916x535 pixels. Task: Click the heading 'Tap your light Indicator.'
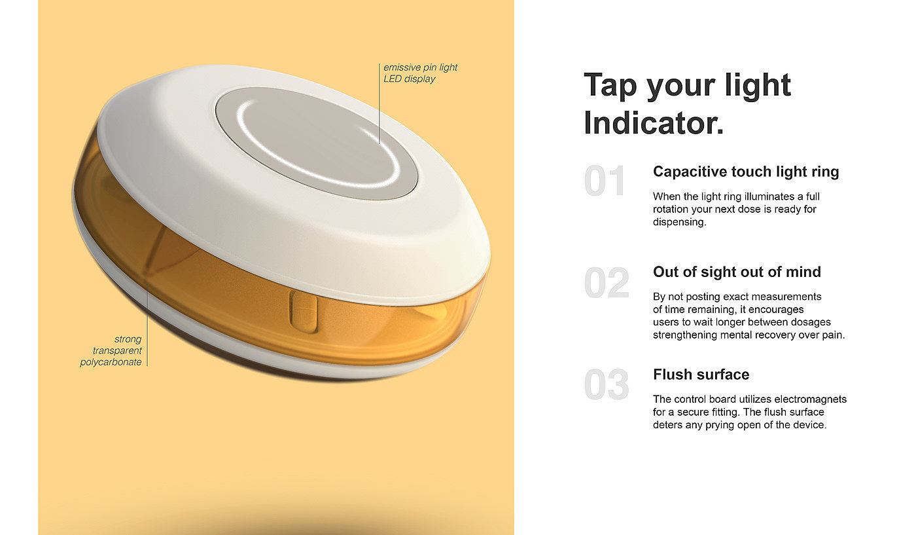coord(687,104)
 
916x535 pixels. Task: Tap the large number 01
coord(605,181)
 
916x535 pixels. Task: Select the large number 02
coord(607,283)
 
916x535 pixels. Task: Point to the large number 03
coord(607,385)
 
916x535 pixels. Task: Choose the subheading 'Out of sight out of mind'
coord(737,272)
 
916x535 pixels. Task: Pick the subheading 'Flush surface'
coord(701,375)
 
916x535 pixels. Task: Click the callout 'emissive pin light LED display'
coord(420,73)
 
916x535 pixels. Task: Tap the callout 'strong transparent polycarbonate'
coord(111,350)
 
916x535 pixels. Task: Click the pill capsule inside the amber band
coord(304,312)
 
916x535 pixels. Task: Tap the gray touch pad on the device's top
coord(317,143)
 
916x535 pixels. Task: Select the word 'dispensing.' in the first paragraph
coord(680,222)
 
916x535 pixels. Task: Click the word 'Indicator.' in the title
coord(654,123)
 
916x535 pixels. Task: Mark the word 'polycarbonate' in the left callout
coord(111,362)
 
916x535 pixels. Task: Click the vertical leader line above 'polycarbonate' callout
coord(147,323)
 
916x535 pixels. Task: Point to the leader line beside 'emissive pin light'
coord(379,103)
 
